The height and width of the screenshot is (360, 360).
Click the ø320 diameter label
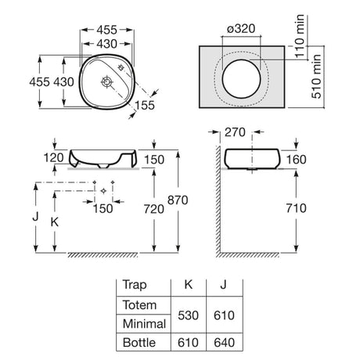241,29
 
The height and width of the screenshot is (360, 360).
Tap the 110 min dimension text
300,36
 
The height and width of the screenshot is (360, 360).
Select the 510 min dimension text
316,77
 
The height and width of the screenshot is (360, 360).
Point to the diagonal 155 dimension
145,105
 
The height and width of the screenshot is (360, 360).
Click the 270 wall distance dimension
235,132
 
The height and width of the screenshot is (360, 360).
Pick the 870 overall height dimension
178,200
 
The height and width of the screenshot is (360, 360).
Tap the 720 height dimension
154,209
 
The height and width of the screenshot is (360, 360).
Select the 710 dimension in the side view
296,208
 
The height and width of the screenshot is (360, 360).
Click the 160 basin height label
297,160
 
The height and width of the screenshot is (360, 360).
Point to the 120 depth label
53,158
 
